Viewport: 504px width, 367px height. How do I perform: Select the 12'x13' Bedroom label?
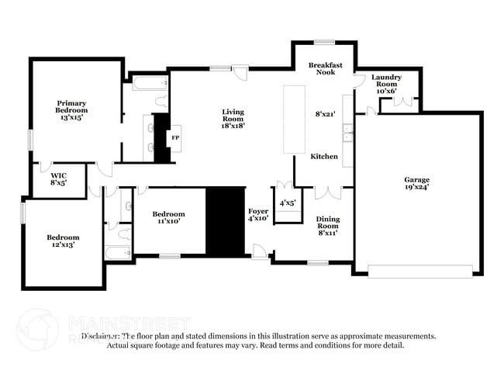click(x=63, y=241)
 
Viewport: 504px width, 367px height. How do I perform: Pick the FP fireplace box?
click(x=174, y=137)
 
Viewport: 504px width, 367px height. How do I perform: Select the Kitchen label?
click(x=324, y=157)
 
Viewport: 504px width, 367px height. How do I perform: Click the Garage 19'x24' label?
click(x=416, y=183)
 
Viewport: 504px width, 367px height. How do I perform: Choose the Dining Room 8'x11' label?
click(x=328, y=225)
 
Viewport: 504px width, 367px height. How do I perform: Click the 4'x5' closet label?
click(x=288, y=203)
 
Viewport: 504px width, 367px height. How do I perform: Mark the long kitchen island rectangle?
click(x=295, y=119)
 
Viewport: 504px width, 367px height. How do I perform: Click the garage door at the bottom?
click(x=419, y=271)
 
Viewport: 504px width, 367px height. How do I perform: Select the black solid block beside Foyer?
click(x=225, y=220)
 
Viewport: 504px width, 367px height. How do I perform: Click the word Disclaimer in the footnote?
click(x=102, y=336)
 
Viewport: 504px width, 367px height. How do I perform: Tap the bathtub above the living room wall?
click(x=150, y=82)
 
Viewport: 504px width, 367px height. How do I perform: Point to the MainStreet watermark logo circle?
click(x=36, y=328)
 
